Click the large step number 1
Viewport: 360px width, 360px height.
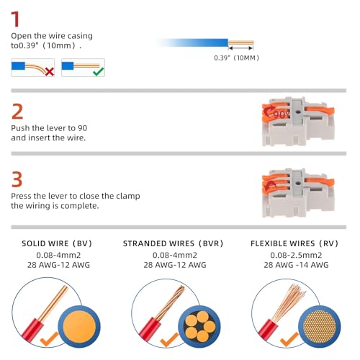click(x=16, y=19)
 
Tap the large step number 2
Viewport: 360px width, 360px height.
click(x=17, y=112)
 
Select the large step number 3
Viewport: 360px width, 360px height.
click(x=17, y=179)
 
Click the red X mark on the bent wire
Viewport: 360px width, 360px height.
click(x=50, y=71)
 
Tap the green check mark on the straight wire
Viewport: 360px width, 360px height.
click(x=99, y=71)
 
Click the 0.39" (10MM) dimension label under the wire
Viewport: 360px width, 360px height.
click(x=236, y=58)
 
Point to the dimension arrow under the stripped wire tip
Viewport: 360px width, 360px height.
click(x=240, y=48)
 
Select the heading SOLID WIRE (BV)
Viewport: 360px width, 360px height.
click(x=57, y=243)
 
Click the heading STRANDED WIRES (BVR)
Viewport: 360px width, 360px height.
click(x=173, y=243)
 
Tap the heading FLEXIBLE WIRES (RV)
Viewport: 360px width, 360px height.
click(x=294, y=243)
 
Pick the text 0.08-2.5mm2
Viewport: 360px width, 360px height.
click(x=296, y=255)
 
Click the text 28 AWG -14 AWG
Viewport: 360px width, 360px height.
click(x=296, y=265)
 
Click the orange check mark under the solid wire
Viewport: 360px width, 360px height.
click(x=49, y=338)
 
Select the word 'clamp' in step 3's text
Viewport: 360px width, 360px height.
click(x=128, y=197)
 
